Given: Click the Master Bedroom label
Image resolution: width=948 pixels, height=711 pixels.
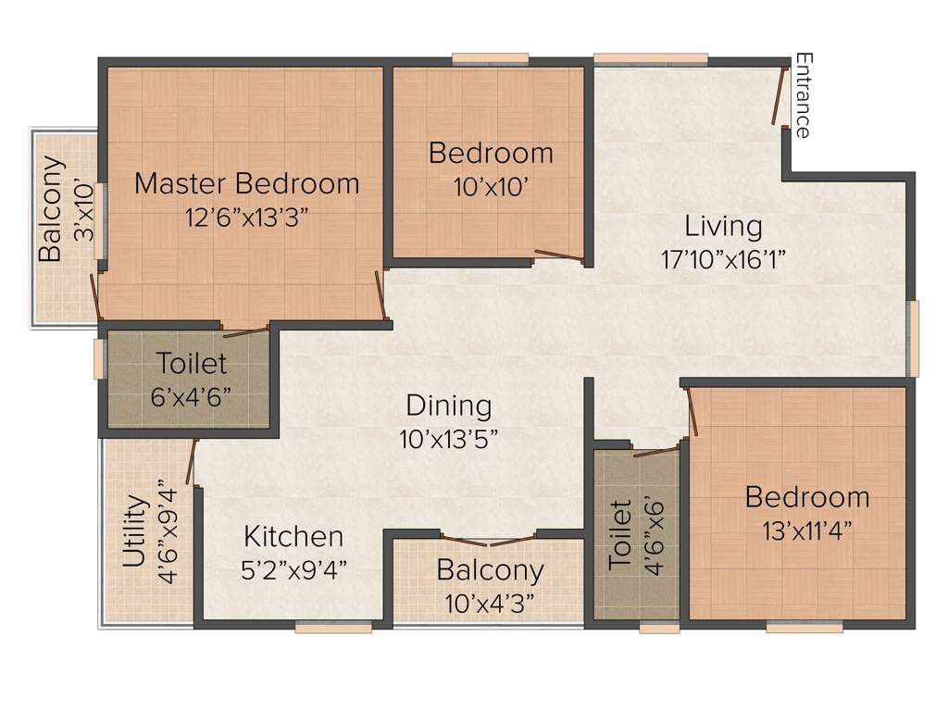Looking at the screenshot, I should pyautogui.click(x=246, y=183).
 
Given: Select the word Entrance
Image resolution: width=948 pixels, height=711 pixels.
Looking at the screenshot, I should pyautogui.click(x=803, y=95).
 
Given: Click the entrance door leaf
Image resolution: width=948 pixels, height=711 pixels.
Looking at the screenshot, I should pyautogui.click(x=780, y=94).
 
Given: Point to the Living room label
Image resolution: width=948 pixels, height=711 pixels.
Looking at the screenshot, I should pyautogui.click(x=723, y=226).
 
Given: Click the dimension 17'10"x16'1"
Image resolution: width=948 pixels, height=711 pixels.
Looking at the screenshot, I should pyautogui.click(x=723, y=259).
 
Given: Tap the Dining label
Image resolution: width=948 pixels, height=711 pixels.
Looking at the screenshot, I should pyautogui.click(x=449, y=405).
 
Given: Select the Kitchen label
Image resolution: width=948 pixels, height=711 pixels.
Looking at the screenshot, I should pyautogui.click(x=293, y=536).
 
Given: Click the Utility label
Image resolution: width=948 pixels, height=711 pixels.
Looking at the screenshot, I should pyautogui.click(x=135, y=531).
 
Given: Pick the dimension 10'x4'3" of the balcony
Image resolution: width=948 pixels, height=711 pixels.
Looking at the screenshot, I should pyautogui.click(x=490, y=603).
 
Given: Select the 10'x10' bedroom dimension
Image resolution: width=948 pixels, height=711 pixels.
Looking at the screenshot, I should pyautogui.click(x=491, y=186).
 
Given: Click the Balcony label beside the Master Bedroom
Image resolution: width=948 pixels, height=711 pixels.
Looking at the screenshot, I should pyautogui.click(x=51, y=209).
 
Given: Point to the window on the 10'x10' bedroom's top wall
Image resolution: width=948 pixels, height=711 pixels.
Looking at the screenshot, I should pyautogui.click(x=491, y=60).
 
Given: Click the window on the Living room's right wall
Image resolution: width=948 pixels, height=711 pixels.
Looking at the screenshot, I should pyautogui.click(x=913, y=338).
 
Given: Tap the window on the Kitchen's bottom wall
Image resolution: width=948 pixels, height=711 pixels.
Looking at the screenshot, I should pyautogui.click(x=333, y=627).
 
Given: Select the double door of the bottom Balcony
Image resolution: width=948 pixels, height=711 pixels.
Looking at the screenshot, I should pyautogui.click(x=489, y=540).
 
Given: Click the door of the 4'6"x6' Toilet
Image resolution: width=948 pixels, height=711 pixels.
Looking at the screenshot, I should pyautogui.click(x=655, y=452).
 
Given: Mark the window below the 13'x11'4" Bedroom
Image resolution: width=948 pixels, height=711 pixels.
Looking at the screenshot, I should pyautogui.click(x=805, y=627).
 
